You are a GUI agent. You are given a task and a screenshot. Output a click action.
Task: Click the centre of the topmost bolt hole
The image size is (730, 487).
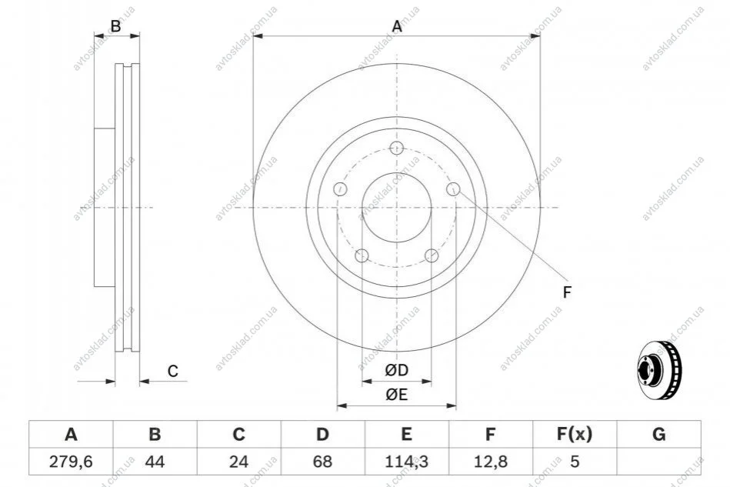(396, 148)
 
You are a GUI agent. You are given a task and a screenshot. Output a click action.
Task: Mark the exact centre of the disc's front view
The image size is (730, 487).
(397, 207)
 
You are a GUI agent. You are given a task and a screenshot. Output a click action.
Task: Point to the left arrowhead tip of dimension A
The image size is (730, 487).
(253, 36)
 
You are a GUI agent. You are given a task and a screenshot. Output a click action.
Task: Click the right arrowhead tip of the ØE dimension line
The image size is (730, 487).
(456, 405)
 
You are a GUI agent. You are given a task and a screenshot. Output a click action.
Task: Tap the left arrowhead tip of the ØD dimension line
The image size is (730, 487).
(362, 382)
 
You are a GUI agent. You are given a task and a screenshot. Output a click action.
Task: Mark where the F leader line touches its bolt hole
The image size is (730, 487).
(458, 194)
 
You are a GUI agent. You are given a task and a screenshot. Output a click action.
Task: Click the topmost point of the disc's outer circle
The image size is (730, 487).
(397, 63)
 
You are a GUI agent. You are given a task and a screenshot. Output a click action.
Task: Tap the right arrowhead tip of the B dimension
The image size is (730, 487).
(140, 35)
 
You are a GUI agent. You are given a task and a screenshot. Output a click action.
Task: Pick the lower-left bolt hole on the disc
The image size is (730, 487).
(362, 255)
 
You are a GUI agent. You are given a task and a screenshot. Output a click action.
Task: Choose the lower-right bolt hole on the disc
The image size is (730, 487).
(432, 255)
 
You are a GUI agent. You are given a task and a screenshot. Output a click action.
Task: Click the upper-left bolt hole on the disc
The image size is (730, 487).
(340, 189)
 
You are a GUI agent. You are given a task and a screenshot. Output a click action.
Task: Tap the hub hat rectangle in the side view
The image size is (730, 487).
(105, 207)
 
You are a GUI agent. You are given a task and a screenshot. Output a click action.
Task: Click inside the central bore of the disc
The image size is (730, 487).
(397, 207)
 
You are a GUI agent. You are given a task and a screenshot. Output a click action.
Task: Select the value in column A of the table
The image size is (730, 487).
(71, 462)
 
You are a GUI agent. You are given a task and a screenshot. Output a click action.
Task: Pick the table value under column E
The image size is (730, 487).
(406, 462)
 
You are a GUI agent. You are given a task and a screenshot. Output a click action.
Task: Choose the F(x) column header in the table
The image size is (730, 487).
(575, 435)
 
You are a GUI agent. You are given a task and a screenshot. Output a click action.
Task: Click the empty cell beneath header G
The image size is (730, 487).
(658, 462)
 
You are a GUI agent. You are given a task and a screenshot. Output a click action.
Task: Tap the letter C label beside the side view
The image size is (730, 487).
(173, 371)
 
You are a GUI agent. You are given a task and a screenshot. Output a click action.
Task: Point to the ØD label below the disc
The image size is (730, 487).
(397, 370)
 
